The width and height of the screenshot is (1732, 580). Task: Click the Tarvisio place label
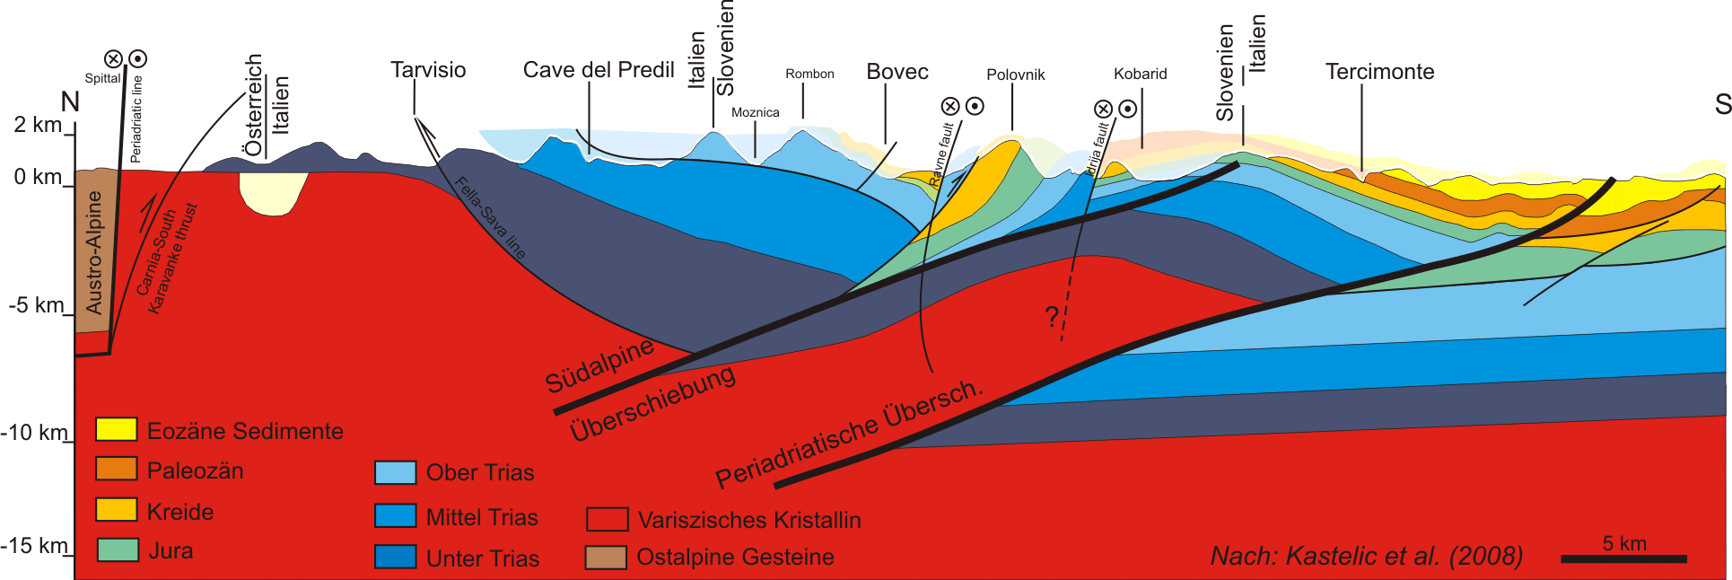click(x=428, y=70)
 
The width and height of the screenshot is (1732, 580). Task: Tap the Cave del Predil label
click(x=599, y=70)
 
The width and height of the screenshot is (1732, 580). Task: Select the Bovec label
click(x=897, y=72)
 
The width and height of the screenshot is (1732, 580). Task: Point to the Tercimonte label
click(x=1379, y=72)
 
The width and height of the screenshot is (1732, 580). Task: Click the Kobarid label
click(x=1140, y=74)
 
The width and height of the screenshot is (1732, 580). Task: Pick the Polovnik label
click(x=1015, y=75)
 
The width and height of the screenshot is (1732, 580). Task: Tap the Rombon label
click(x=809, y=74)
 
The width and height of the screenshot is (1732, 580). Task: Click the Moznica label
click(x=755, y=112)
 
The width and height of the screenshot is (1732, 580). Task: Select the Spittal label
click(x=102, y=78)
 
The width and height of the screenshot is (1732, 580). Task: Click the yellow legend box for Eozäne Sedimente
click(x=117, y=429)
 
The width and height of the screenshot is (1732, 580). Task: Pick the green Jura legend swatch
click(x=117, y=549)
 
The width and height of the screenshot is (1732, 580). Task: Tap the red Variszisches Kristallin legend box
click(x=607, y=519)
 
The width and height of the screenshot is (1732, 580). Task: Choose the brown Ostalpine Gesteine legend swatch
click(x=606, y=558)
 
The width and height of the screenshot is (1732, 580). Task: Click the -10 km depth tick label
click(x=34, y=433)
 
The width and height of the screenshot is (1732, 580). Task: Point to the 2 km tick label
click(x=38, y=125)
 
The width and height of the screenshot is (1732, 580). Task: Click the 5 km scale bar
click(x=1623, y=558)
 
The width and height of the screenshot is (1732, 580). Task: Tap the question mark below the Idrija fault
click(x=1052, y=316)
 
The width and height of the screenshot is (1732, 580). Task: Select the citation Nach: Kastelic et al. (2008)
click(x=1366, y=557)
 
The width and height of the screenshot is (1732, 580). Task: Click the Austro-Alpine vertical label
click(x=93, y=251)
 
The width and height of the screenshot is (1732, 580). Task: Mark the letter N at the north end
click(x=70, y=101)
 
